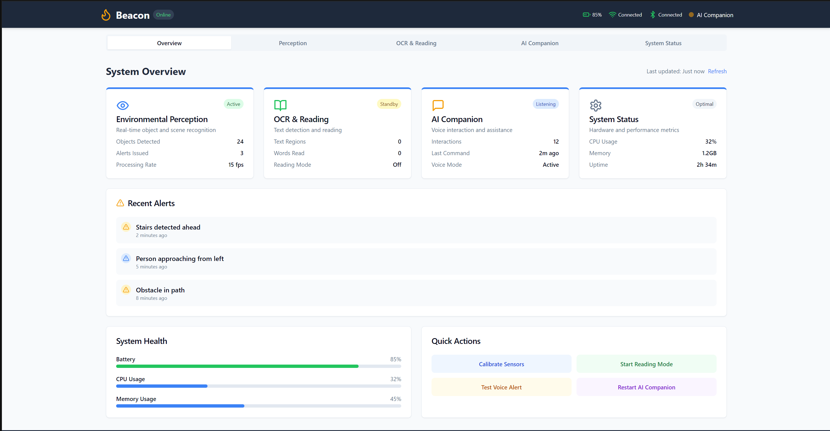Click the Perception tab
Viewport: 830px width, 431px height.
point(293,43)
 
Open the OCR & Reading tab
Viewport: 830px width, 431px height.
point(416,43)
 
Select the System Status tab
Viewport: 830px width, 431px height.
point(663,43)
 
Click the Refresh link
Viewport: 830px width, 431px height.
point(717,71)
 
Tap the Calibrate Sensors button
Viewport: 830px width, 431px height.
point(501,364)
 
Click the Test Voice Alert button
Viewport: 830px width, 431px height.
point(501,387)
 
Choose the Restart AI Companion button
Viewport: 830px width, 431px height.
point(646,387)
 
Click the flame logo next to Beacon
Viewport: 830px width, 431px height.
point(106,15)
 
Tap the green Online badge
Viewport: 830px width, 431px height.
point(163,15)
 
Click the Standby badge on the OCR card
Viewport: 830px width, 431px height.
point(389,104)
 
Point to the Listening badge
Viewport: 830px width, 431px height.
point(545,104)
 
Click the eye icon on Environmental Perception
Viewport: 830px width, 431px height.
point(122,106)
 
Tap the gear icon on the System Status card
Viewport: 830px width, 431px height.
point(596,106)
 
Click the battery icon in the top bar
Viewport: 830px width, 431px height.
point(586,15)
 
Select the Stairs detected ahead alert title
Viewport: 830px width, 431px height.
point(168,227)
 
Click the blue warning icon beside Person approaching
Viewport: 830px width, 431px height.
point(126,258)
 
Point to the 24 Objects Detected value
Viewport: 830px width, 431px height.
point(240,141)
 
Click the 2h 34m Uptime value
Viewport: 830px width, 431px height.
point(706,165)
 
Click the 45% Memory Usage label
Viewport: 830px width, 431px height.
point(395,399)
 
